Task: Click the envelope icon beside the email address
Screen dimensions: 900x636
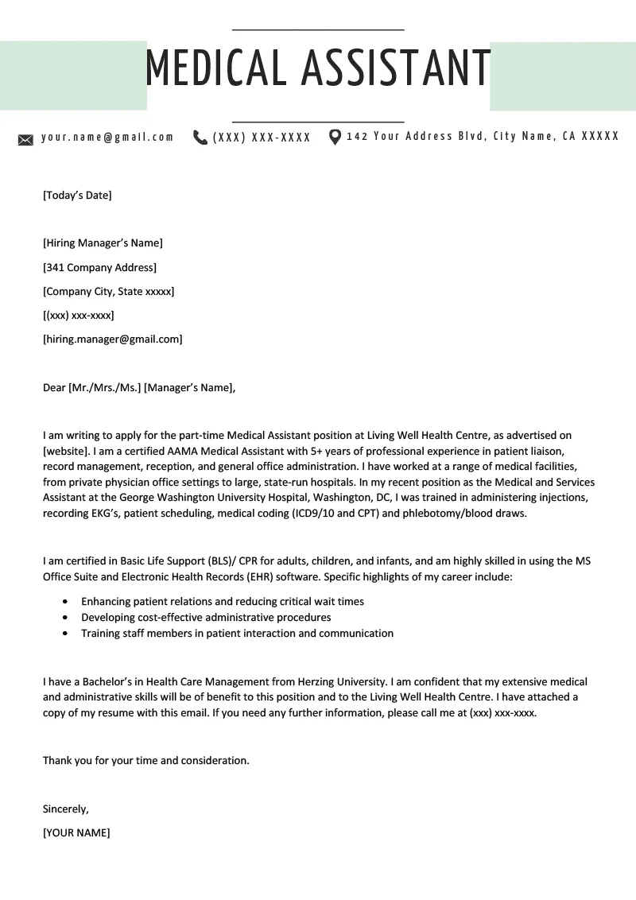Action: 25,140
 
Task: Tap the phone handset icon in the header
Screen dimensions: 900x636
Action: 200,138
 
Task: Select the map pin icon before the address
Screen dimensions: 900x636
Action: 335,137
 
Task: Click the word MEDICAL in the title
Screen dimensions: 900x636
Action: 215,68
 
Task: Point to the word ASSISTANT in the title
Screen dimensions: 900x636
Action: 395,68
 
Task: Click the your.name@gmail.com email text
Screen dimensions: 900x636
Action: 107,137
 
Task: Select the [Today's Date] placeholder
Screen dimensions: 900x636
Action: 77,195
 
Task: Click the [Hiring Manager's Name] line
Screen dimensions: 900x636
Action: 103,242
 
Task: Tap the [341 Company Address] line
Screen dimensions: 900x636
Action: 99,267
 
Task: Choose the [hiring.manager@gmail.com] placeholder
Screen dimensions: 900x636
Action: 112,339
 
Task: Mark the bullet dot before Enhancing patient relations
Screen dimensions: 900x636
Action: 64,602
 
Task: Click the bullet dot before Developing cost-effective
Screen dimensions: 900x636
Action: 64,618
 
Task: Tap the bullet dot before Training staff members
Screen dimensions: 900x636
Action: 64,634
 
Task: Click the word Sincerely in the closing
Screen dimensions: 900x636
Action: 65,809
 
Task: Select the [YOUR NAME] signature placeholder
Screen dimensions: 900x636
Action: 76,832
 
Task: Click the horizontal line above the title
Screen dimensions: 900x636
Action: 318,29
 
